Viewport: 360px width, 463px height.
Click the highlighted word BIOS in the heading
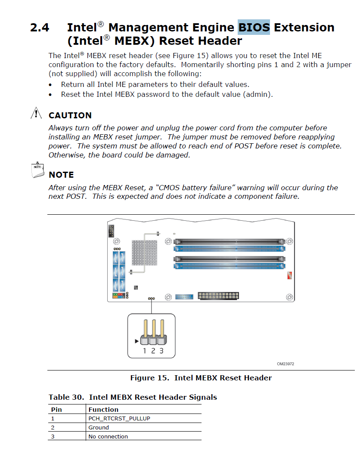(254, 27)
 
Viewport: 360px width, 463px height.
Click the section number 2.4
(40, 28)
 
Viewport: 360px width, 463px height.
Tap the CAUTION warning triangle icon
(37, 114)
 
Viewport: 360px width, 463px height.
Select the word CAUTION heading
(70, 115)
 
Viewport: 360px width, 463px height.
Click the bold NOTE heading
(61, 175)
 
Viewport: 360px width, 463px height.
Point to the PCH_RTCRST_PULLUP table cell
(119, 418)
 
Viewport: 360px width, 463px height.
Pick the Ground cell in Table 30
(99, 427)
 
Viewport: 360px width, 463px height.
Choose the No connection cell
(108, 436)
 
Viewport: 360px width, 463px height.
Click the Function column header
(103, 409)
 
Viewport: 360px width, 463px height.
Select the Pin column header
(56, 409)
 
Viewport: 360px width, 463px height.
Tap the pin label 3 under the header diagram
(161, 351)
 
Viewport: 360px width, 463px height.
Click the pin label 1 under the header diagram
(145, 351)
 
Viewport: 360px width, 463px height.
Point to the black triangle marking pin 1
(137, 341)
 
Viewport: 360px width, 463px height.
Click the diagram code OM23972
(286, 364)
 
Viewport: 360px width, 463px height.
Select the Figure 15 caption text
(201, 378)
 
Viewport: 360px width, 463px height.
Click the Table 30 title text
(133, 397)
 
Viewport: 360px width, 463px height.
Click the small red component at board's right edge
(289, 276)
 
